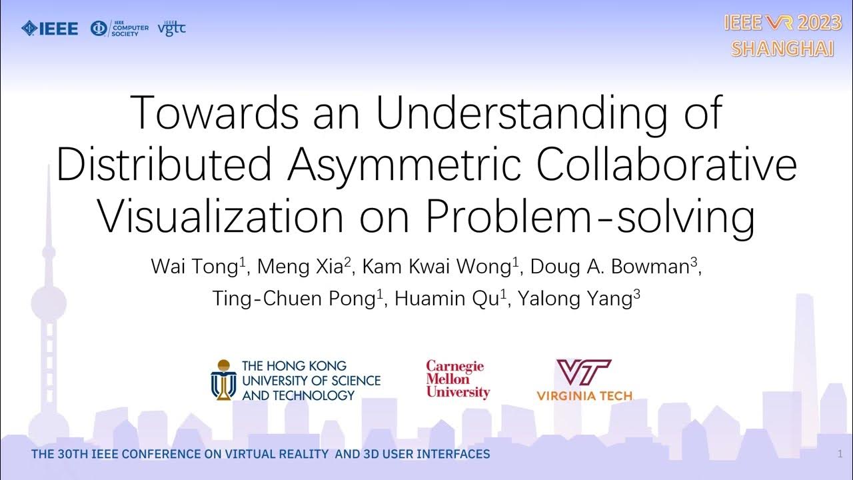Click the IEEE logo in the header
[50, 28]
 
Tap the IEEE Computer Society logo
[119, 29]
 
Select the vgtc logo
[171, 29]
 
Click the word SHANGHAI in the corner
[782, 49]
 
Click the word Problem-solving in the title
[590, 216]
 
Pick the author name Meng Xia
[301, 267]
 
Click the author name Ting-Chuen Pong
[294, 298]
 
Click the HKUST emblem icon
[224, 379]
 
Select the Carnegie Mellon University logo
[458, 379]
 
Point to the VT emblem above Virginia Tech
[583, 373]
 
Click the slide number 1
[840, 454]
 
